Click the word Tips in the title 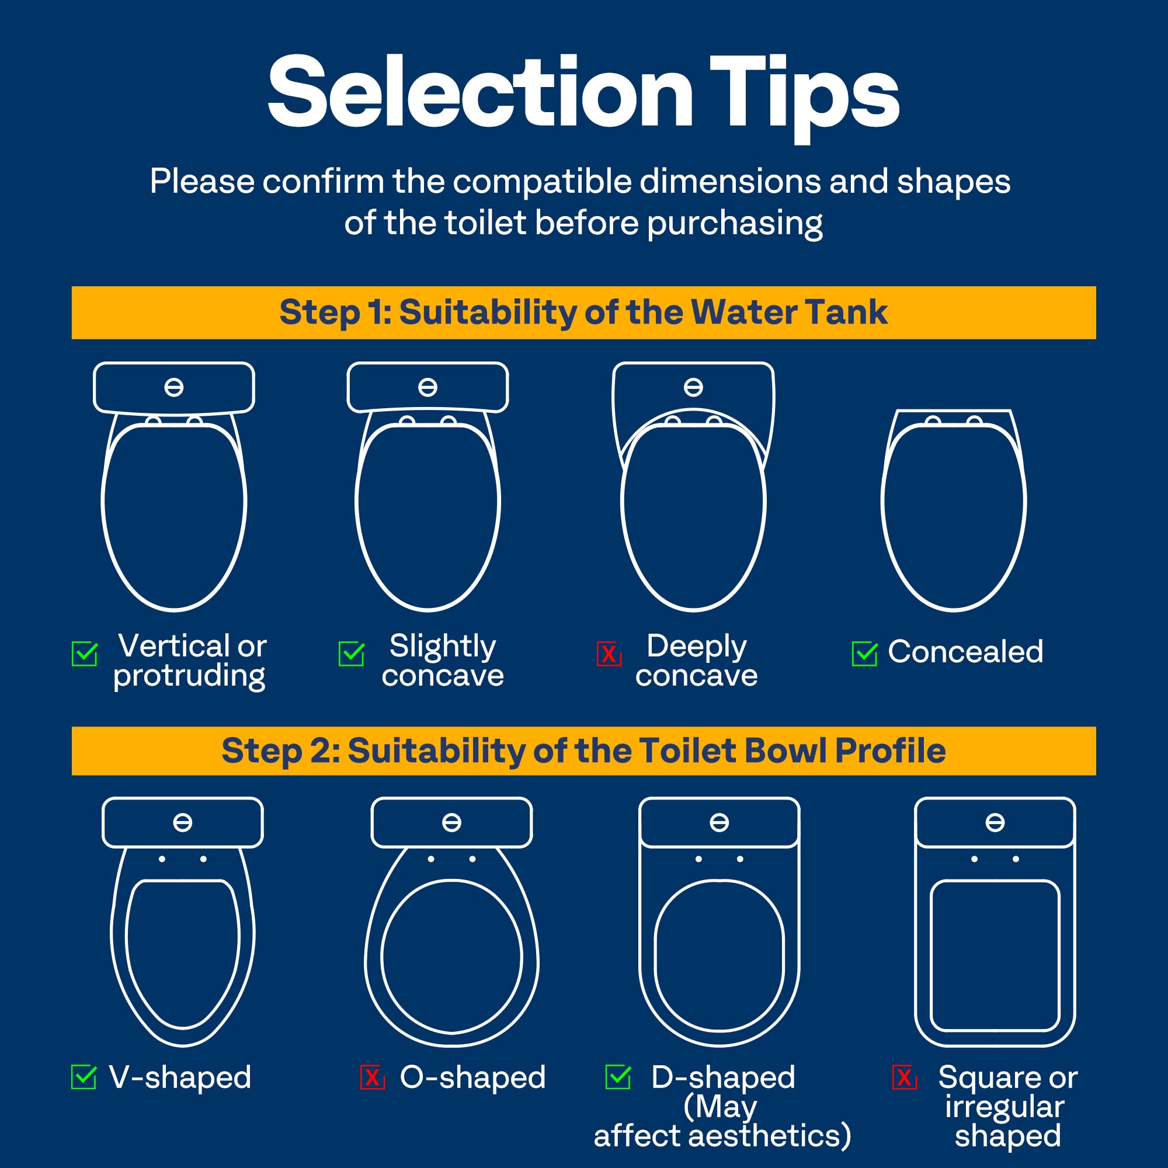pyautogui.click(x=804, y=93)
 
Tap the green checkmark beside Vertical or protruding pyautogui.click(x=85, y=653)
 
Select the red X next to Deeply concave pyautogui.click(x=609, y=653)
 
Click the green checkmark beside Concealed pyautogui.click(x=864, y=653)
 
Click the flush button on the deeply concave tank pyautogui.click(x=693, y=387)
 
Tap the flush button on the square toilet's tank pyautogui.click(x=995, y=822)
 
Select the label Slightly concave pyautogui.click(x=443, y=660)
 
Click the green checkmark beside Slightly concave pyautogui.click(x=351, y=653)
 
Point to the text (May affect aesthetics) pyautogui.click(x=722, y=1122)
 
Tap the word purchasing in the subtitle pyautogui.click(x=735, y=223)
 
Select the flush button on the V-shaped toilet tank pyautogui.click(x=183, y=822)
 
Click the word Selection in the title pyautogui.click(x=480, y=93)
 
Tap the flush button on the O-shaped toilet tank pyautogui.click(x=451, y=822)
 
